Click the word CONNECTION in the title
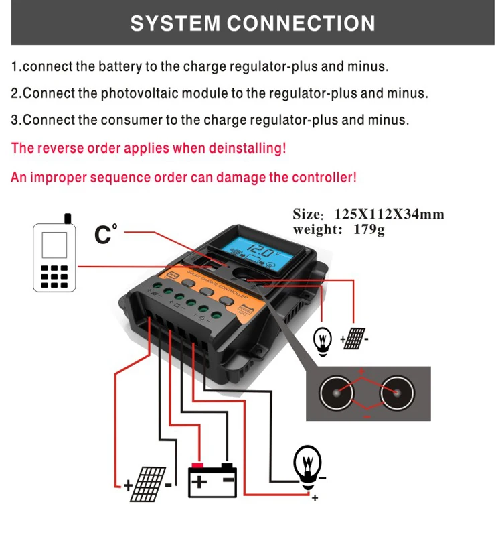(302, 23)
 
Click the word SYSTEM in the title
(175, 23)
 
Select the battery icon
(213, 480)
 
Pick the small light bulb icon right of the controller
(323, 339)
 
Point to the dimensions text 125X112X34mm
(389, 215)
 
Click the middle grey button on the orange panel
(189, 285)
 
